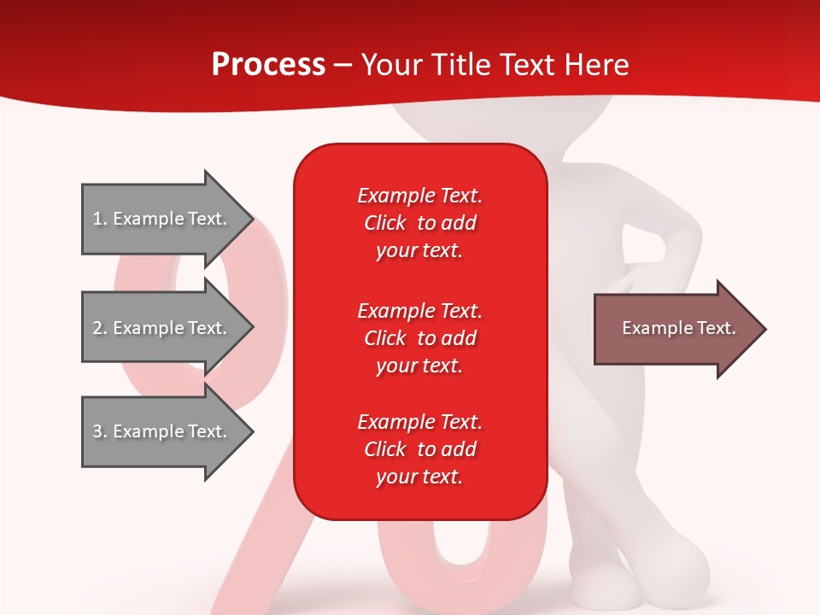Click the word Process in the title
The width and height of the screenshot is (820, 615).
(x=268, y=64)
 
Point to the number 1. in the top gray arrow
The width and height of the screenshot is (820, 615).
(x=100, y=219)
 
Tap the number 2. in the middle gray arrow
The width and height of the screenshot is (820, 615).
(x=100, y=328)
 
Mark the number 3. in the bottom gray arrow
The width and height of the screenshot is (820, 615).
(x=100, y=431)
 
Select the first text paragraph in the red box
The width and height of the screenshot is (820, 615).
(x=419, y=223)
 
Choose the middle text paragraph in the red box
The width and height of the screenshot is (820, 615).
(x=419, y=337)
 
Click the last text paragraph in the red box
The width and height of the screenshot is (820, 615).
(x=419, y=449)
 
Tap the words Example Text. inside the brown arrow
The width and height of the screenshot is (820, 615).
(x=679, y=328)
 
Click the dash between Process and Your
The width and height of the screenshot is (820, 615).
(x=343, y=65)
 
